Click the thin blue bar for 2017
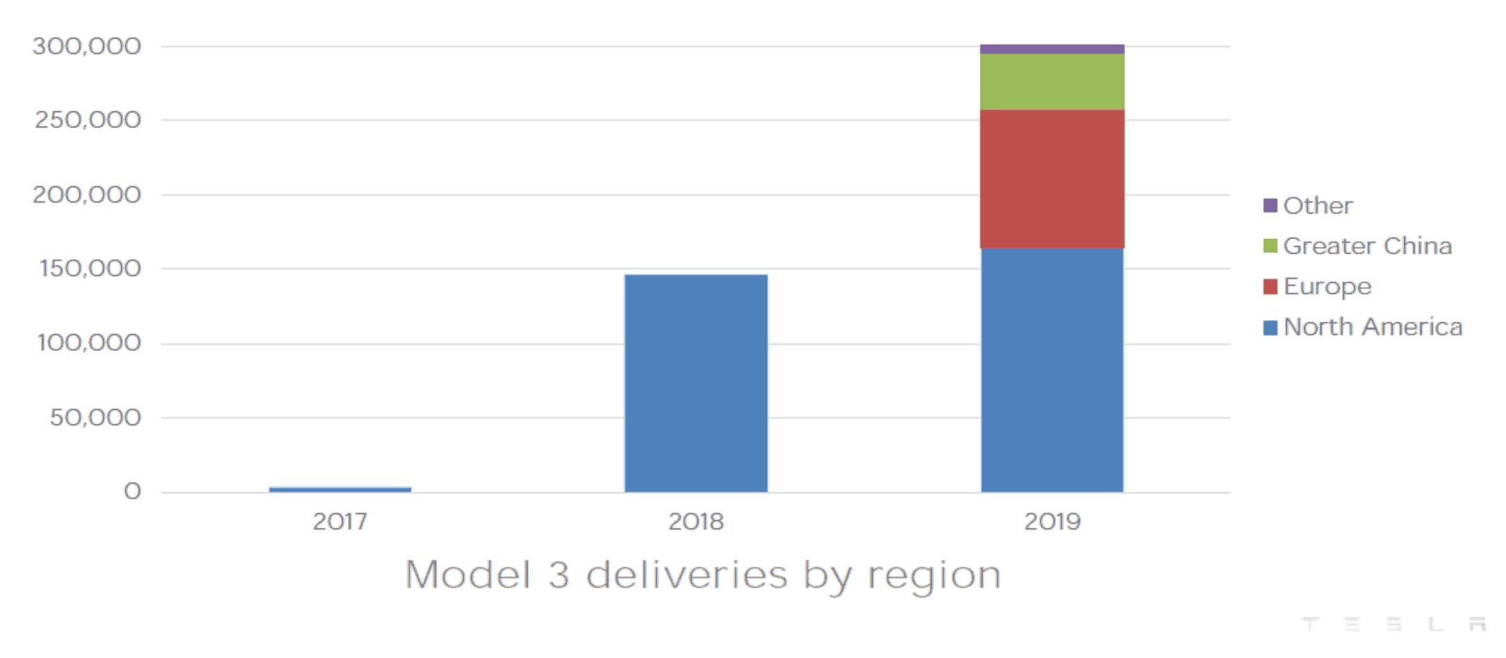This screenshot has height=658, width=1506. (340, 489)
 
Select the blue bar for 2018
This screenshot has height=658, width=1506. (696, 383)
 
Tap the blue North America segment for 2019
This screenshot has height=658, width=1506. (1052, 370)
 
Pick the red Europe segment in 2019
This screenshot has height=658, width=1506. (1052, 179)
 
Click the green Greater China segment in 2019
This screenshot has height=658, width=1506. (1052, 82)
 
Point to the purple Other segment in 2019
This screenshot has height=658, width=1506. (1052, 49)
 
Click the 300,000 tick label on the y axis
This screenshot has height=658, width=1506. (87, 47)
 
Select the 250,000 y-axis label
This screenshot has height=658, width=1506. (88, 120)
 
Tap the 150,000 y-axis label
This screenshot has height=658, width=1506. (90, 269)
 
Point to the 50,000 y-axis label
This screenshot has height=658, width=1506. (95, 417)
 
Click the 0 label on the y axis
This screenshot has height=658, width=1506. (132, 491)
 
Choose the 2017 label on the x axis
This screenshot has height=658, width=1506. (340, 521)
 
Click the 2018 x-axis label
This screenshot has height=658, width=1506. (696, 521)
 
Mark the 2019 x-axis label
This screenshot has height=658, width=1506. (1052, 521)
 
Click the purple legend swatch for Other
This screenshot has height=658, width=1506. (1270, 205)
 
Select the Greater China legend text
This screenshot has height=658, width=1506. (1367, 246)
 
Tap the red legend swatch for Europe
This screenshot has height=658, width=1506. (1270, 287)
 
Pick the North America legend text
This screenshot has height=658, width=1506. (1373, 327)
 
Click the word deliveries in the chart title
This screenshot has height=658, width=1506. (686, 575)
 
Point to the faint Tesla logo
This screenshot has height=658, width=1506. (1393, 623)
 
